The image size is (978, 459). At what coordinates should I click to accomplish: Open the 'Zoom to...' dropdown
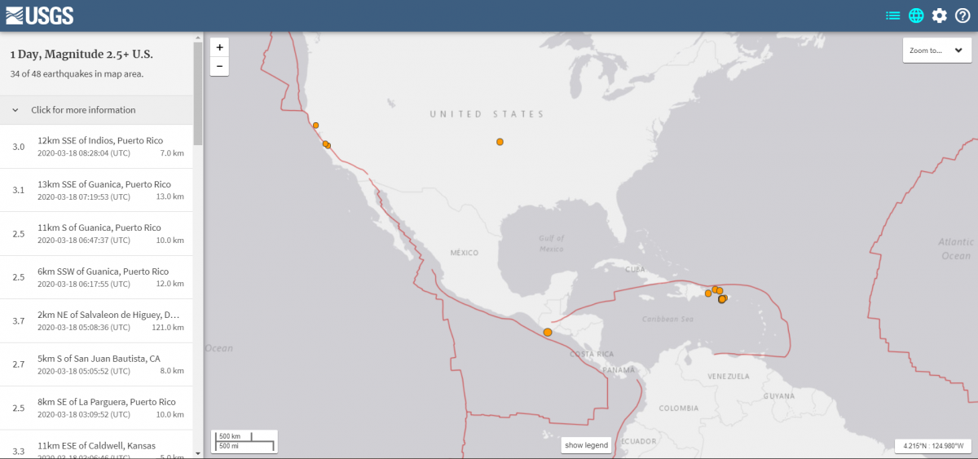click(936, 51)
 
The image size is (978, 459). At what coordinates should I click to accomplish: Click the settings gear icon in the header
click(940, 15)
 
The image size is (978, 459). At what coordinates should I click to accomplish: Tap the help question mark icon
click(963, 15)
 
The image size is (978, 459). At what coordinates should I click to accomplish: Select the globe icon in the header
click(916, 15)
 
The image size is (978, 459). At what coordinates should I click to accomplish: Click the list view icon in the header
click(893, 15)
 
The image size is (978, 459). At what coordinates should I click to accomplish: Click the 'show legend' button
click(587, 445)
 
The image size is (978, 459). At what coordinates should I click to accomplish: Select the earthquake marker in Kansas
click(500, 142)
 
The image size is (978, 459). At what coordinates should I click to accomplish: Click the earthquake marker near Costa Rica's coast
click(548, 333)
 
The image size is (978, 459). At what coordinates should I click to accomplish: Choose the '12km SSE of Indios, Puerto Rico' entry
click(99, 147)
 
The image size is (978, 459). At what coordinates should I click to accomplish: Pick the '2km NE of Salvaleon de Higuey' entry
click(99, 320)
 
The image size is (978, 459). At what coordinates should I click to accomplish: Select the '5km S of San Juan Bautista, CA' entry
click(99, 364)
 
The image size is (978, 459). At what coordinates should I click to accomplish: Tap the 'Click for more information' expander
click(83, 110)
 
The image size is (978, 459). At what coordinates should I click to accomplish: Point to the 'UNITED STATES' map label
click(487, 114)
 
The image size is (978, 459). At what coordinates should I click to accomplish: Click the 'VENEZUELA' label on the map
click(728, 377)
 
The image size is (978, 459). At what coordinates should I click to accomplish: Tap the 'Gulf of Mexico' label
click(551, 243)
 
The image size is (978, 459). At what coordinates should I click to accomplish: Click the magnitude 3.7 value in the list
click(19, 321)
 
